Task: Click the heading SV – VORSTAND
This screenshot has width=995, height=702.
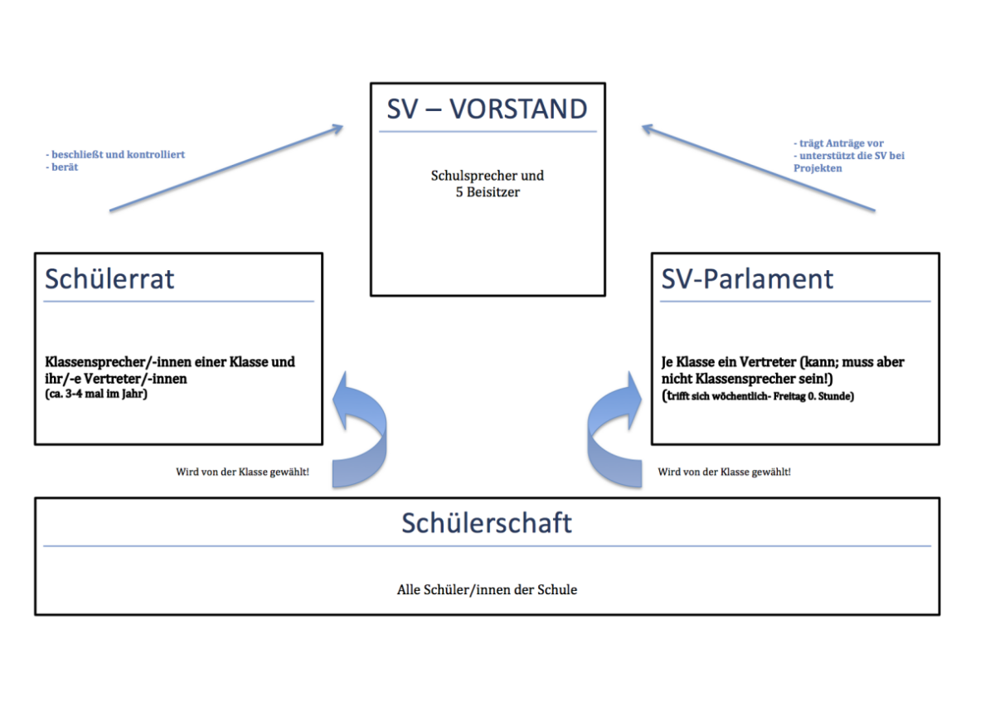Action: pos(488,109)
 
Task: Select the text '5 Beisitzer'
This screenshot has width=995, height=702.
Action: pos(488,192)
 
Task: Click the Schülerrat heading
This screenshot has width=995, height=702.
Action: pos(109,278)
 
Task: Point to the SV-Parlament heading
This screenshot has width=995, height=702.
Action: pos(747,278)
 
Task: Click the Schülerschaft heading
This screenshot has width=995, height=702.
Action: pos(487,523)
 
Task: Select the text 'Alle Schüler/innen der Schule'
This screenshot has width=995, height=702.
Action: pos(487,590)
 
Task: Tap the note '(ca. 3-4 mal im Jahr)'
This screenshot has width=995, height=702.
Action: pos(96,394)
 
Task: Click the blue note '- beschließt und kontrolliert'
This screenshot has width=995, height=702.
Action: pos(115,154)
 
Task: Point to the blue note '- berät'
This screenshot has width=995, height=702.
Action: pos(61,167)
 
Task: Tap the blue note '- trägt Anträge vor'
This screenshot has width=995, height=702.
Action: pos(838,143)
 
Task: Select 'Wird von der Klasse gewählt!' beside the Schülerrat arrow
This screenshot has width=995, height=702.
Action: pos(242,472)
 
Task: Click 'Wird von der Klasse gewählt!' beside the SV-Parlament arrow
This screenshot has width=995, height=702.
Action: pos(724,472)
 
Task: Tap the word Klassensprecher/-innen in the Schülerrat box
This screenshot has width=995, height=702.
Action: pos(99,362)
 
